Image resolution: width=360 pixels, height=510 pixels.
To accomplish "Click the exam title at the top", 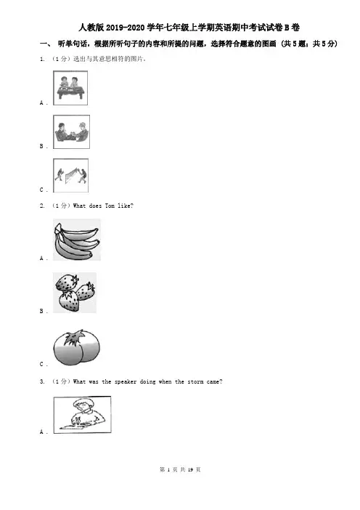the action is coord(189,28).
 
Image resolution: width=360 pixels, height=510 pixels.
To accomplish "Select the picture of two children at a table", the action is coord(70,88).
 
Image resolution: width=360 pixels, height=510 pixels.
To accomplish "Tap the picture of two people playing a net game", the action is coord(71,175).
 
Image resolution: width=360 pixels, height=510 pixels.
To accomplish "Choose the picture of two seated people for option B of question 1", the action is coord(71,131).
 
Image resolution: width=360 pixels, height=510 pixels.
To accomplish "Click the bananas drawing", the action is coord(77,240).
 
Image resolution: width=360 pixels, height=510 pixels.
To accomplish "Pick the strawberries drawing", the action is coord(75,293).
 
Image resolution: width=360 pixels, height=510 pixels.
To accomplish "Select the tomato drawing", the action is coord(77,347).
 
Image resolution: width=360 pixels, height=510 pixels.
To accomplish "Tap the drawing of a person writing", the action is coord(82,414).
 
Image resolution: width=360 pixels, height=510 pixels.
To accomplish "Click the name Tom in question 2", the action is coord(110,206).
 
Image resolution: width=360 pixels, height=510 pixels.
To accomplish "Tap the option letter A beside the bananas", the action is coord(41,258).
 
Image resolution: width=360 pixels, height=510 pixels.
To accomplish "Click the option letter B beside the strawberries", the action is coord(41,311).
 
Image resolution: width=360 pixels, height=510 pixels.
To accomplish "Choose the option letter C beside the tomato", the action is coord(41,364).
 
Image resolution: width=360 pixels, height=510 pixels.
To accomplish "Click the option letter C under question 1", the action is coord(41,190).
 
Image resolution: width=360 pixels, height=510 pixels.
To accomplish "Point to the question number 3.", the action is coord(42,381).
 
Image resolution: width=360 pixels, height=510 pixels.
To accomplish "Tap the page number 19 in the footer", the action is coord(190,469).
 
